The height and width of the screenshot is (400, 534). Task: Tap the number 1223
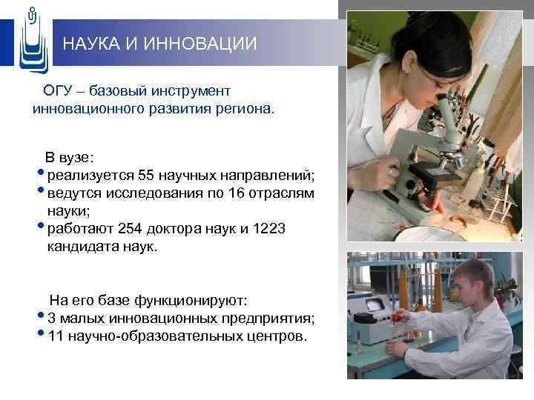[x=268, y=229]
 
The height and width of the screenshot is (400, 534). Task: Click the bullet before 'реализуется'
[x=40, y=173]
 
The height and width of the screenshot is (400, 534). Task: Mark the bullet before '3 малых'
[x=40, y=316]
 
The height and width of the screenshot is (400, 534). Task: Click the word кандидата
[x=79, y=247]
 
